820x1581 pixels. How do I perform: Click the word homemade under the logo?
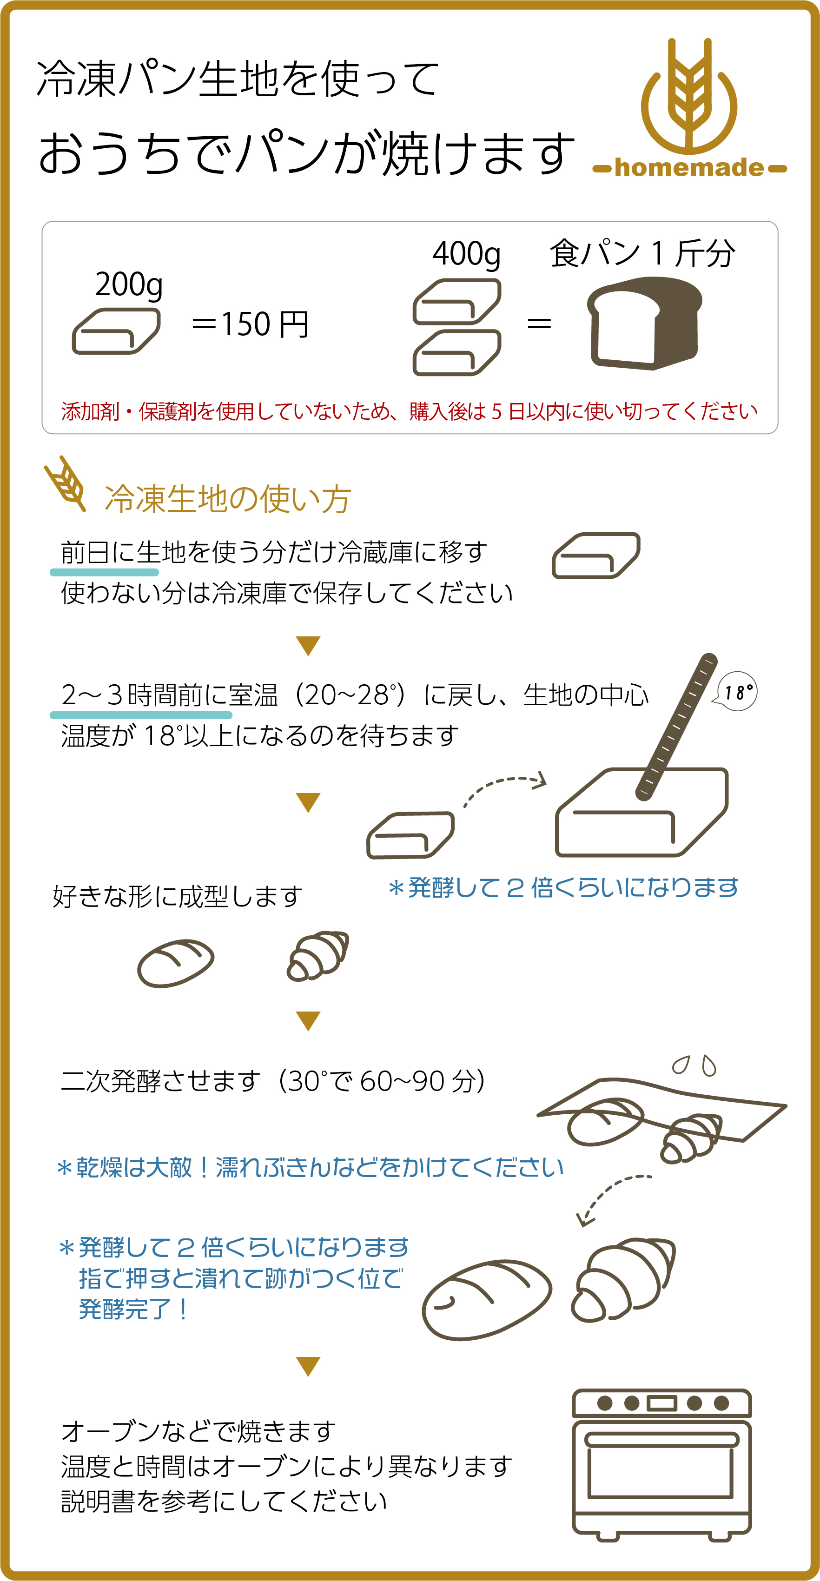pos(689,167)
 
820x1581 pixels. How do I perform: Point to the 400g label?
pos(466,253)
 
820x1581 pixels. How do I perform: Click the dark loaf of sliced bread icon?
pos(644,322)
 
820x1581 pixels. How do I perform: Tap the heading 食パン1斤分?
pos(642,253)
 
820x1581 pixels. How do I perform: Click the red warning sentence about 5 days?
pos(410,411)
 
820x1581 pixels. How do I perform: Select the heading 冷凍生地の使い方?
pos(228,498)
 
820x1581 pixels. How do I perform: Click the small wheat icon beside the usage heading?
pos(65,483)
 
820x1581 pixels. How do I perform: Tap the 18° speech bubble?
pos(737,692)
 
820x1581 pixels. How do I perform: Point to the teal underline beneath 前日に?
pos(104,572)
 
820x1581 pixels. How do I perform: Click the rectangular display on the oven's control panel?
pos(661,1403)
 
